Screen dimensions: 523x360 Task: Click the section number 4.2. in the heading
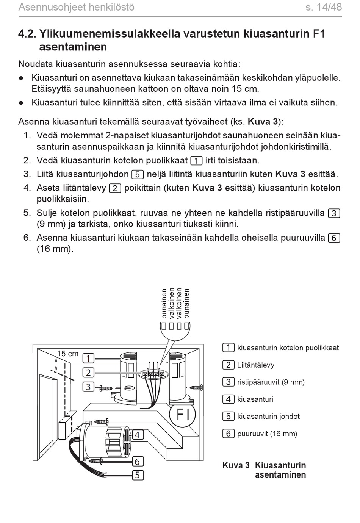[x=27, y=34]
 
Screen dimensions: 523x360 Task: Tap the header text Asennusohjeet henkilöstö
[x=76, y=7]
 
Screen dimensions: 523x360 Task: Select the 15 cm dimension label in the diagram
[x=67, y=354]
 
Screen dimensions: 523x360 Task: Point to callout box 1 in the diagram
[x=88, y=358]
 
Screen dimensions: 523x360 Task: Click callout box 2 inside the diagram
[x=88, y=373]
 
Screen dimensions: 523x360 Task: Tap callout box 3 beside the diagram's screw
[x=88, y=387]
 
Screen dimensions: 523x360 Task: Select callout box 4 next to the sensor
[x=137, y=435]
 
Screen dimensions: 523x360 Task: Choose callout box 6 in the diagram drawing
[x=137, y=461]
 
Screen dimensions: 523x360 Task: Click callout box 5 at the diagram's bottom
[x=137, y=475]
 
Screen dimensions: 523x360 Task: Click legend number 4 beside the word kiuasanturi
[x=228, y=399]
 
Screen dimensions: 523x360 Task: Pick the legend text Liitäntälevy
[x=256, y=365]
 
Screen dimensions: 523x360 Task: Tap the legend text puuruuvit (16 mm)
[x=267, y=434]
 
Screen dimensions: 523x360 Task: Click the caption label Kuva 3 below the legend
[x=236, y=465]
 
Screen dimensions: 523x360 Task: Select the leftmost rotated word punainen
[x=164, y=304]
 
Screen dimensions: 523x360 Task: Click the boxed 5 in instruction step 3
[x=137, y=175]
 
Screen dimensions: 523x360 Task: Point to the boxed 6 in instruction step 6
[x=334, y=238]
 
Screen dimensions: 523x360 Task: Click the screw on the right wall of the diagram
[x=198, y=387]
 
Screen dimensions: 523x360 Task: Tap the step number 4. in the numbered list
[x=27, y=188]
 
